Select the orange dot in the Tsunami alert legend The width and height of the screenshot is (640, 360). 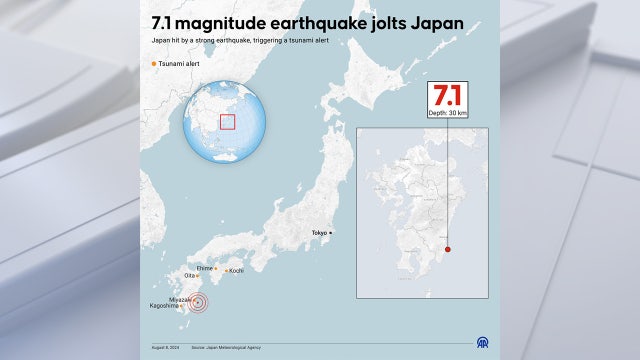point(153,64)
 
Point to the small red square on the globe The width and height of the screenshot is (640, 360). point(227,121)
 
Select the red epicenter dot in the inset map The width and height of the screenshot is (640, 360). point(448,250)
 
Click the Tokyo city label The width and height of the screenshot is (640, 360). point(318,232)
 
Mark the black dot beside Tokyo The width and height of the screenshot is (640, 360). point(332,232)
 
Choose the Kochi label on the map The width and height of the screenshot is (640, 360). point(236,270)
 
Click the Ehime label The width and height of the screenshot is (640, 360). point(204,268)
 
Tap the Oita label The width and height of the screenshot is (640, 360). point(189,276)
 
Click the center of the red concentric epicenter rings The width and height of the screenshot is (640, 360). point(199,303)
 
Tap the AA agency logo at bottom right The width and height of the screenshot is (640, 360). point(482,342)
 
